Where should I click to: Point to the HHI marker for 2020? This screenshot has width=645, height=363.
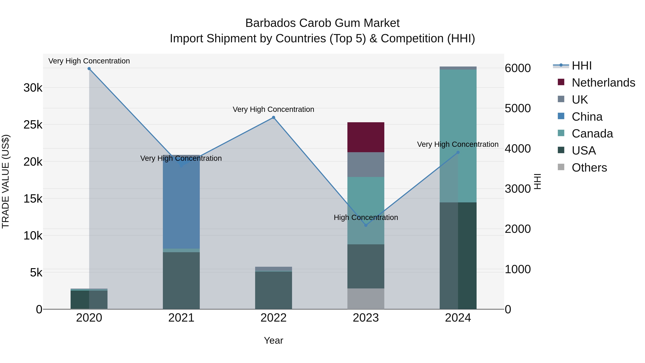(x=89, y=69)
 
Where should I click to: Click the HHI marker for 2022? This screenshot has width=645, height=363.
(x=273, y=117)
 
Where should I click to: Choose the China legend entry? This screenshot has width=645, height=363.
(x=587, y=117)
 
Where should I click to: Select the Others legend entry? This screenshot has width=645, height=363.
(x=589, y=168)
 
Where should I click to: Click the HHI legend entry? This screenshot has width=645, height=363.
(x=581, y=66)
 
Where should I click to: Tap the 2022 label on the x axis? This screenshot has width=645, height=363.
(x=273, y=318)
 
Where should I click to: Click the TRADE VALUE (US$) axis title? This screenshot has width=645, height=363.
(x=6, y=181)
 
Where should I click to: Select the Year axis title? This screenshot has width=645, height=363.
(x=273, y=340)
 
